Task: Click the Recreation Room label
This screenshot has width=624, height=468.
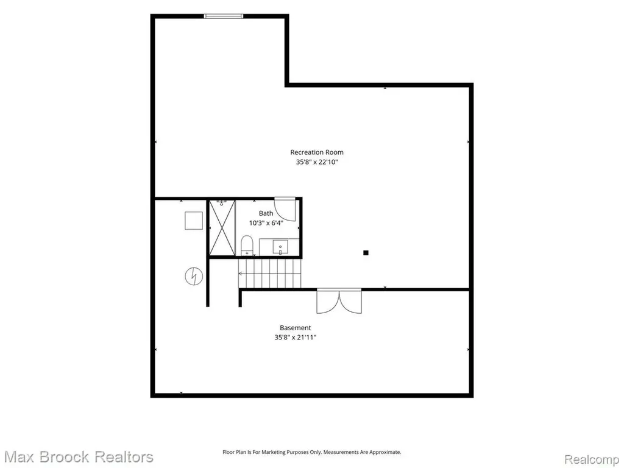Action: pyautogui.click(x=317, y=152)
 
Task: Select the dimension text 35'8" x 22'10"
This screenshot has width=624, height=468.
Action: pyautogui.click(x=317, y=162)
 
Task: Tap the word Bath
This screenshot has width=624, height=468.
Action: pyautogui.click(x=266, y=213)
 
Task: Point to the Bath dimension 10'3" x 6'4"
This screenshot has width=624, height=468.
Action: pyautogui.click(x=266, y=223)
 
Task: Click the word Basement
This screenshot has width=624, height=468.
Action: pyautogui.click(x=296, y=328)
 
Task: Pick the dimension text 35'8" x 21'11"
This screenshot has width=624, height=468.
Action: pyautogui.click(x=296, y=338)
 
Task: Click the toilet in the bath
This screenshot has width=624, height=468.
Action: pyautogui.click(x=247, y=245)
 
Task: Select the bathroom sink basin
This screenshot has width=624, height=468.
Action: pyautogui.click(x=280, y=247)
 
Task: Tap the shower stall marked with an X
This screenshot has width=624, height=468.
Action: pyautogui.click(x=222, y=228)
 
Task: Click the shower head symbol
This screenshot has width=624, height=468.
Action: pyautogui.click(x=222, y=203)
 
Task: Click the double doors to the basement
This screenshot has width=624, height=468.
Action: pyautogui.click(x=339, y=301)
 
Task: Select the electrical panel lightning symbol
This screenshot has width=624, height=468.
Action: pyautogui.click(x=194, y=276)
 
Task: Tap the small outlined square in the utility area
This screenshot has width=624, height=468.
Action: pyautogui.click(x=194, y=221)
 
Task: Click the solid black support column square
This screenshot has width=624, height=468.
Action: pyautogui.click(x=366, y=253)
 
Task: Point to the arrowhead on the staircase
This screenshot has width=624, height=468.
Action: pyautogui.click(x=241, y=274)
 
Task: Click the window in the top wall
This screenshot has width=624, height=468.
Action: pyautogui.click(x=223, y=16)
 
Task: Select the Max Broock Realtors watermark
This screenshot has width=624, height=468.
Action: pyautogui.click(x=79, y=457)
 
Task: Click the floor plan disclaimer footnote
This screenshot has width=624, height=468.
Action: pyautogui.click(x=311, y=452)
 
